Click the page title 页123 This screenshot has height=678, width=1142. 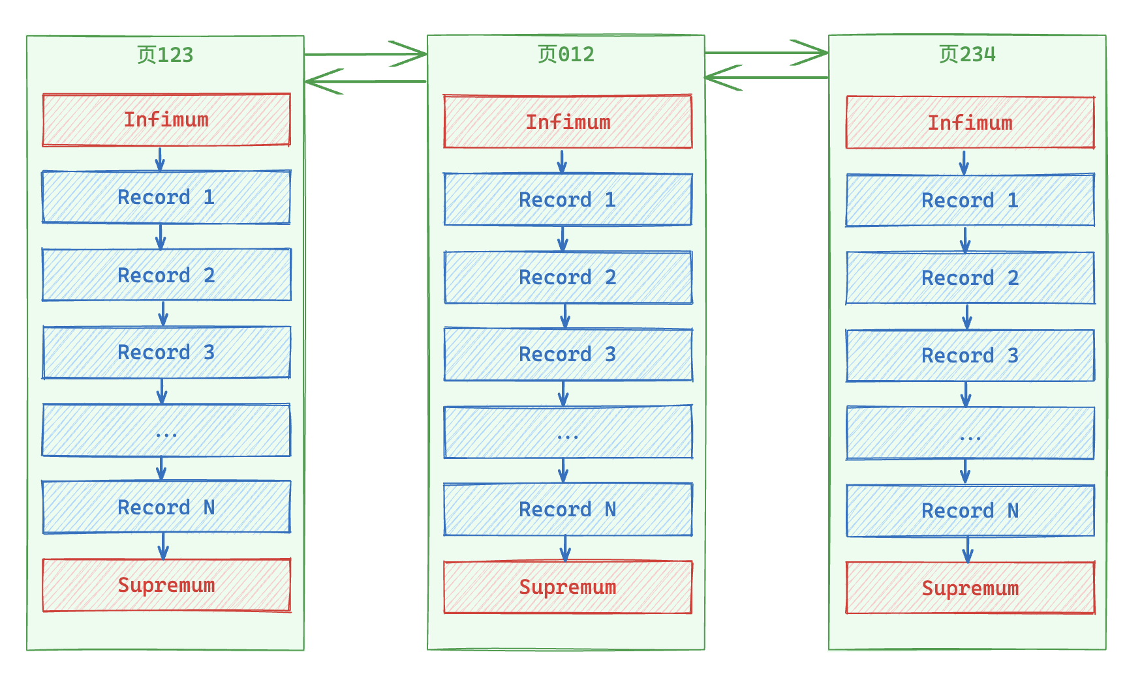click(x=165, y=55)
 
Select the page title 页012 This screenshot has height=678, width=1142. click(x=566, y=54)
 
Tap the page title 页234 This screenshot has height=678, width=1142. click(x=967, y=54)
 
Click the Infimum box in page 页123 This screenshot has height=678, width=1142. click(x=166, y=120)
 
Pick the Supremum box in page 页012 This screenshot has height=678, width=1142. click(x=568, y=587)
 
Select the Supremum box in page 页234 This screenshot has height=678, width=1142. click(x=970, y=588)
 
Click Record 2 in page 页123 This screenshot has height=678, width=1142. click(x=166, y=275)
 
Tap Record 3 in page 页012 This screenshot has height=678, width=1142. click(x=568, y=355)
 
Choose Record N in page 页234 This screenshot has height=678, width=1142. click(x=970, y=510)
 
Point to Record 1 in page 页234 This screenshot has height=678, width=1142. click(x=970, y=200)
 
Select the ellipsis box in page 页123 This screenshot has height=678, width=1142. click(x=166, y=430)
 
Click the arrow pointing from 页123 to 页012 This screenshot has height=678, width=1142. click(x=365, y=54)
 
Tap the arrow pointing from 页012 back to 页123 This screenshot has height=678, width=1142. click(x=365, y=81)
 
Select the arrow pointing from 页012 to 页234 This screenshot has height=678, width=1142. click(x=767, y=52)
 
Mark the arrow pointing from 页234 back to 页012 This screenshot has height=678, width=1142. click(x=767, y=78)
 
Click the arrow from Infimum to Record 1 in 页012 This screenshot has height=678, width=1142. click(x=562, y=161)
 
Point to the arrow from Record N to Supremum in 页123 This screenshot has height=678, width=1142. click(x=163, y=546)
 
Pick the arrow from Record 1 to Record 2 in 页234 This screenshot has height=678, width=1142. click(x=965, y=239)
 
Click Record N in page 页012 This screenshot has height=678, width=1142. click(x=568, y=510)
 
